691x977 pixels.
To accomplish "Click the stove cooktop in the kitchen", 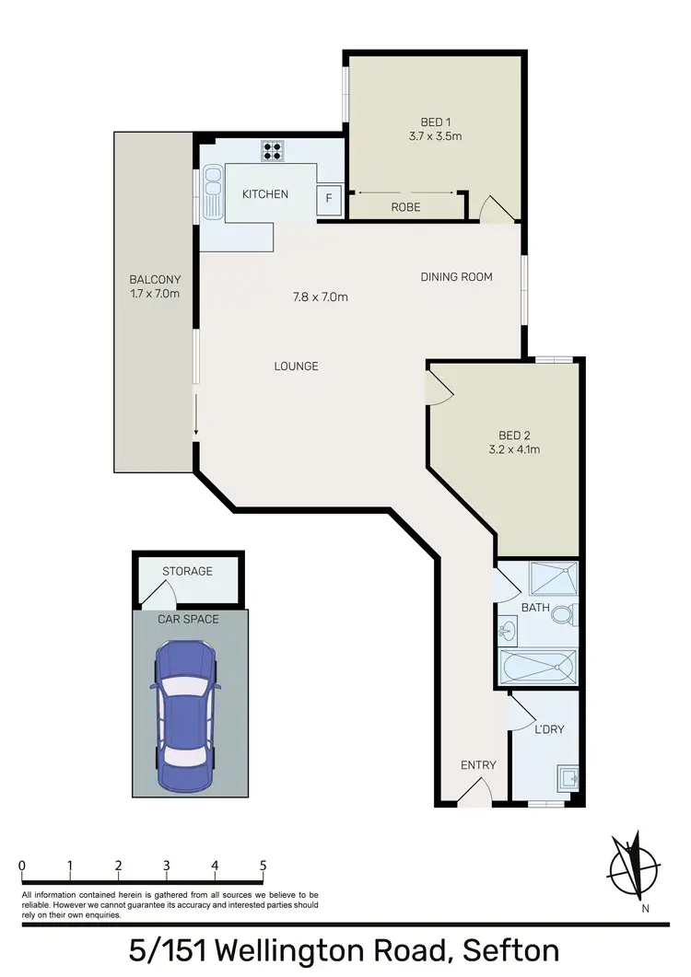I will click(x=272, y=150).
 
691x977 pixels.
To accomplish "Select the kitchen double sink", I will click(x=213, y=192).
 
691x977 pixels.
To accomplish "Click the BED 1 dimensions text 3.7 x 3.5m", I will click(x=435, y=136).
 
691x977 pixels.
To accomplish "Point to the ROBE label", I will click(x=405, y=207).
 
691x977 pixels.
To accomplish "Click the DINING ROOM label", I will click(x=456, y=276).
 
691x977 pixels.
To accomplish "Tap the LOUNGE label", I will click(x=296, y=366).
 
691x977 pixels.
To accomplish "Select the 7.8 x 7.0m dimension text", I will click(x=320, y=297).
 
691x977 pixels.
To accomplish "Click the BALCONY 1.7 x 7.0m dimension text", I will click(x=154, y=294).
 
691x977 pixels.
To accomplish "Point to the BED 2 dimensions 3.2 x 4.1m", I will click(x=513, y=450).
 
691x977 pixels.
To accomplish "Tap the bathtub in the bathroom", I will click(x=537, y=666).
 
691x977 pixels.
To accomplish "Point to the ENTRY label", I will click(x=478, y=765).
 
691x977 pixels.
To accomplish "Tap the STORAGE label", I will click(x=187, y=571).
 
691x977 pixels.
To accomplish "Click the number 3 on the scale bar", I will click(x=167, y=866).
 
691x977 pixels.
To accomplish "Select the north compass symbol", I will click(x=636, y=866).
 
